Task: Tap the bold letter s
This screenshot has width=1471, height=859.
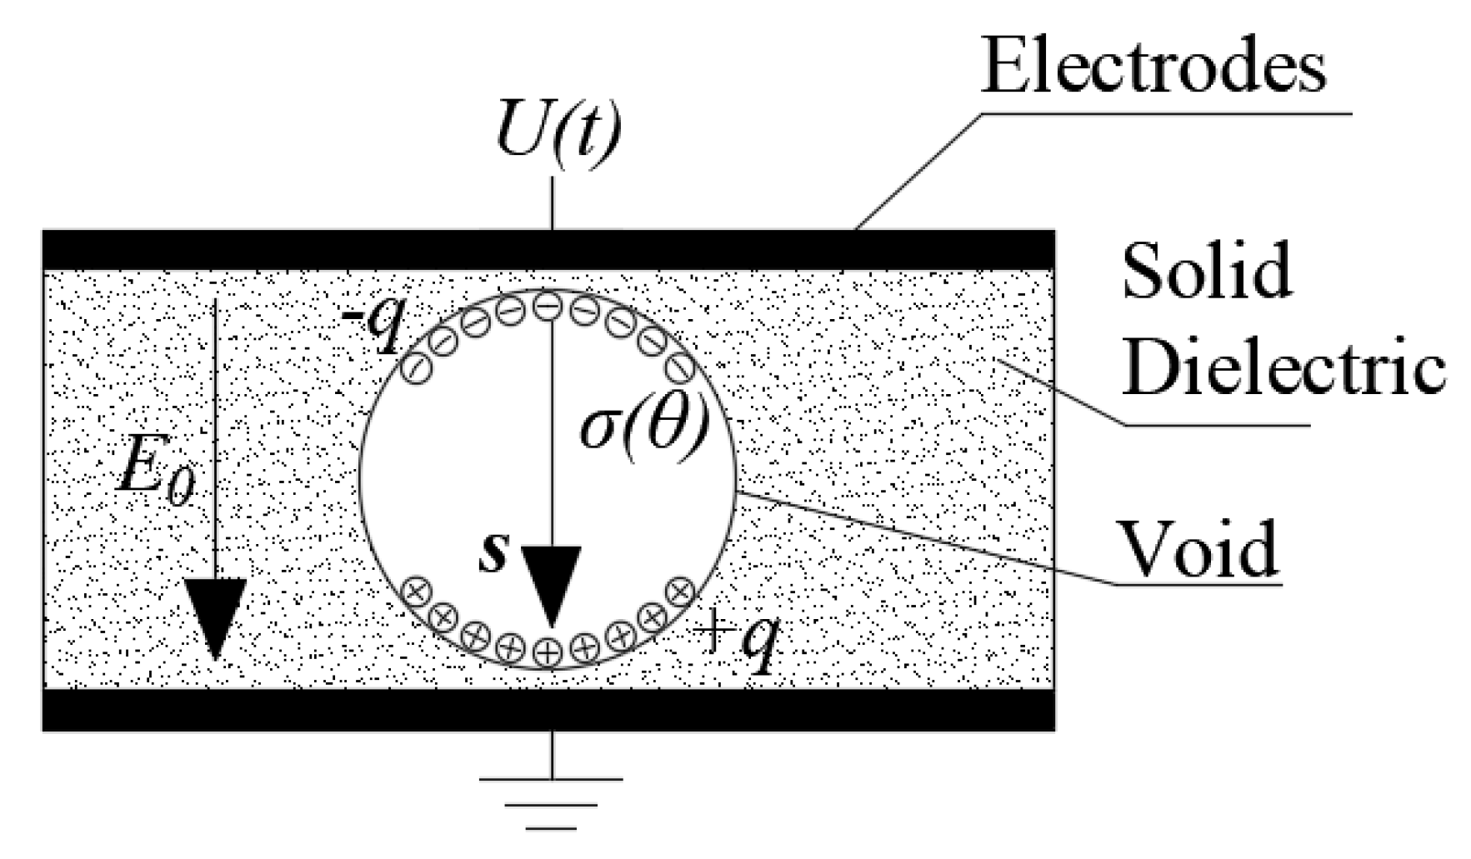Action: pos(493,553)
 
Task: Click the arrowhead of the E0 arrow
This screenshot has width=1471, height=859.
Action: pos(215,617)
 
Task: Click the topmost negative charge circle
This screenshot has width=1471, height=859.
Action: pos(545,307)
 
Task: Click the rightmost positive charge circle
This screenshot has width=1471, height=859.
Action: pos(681,590)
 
